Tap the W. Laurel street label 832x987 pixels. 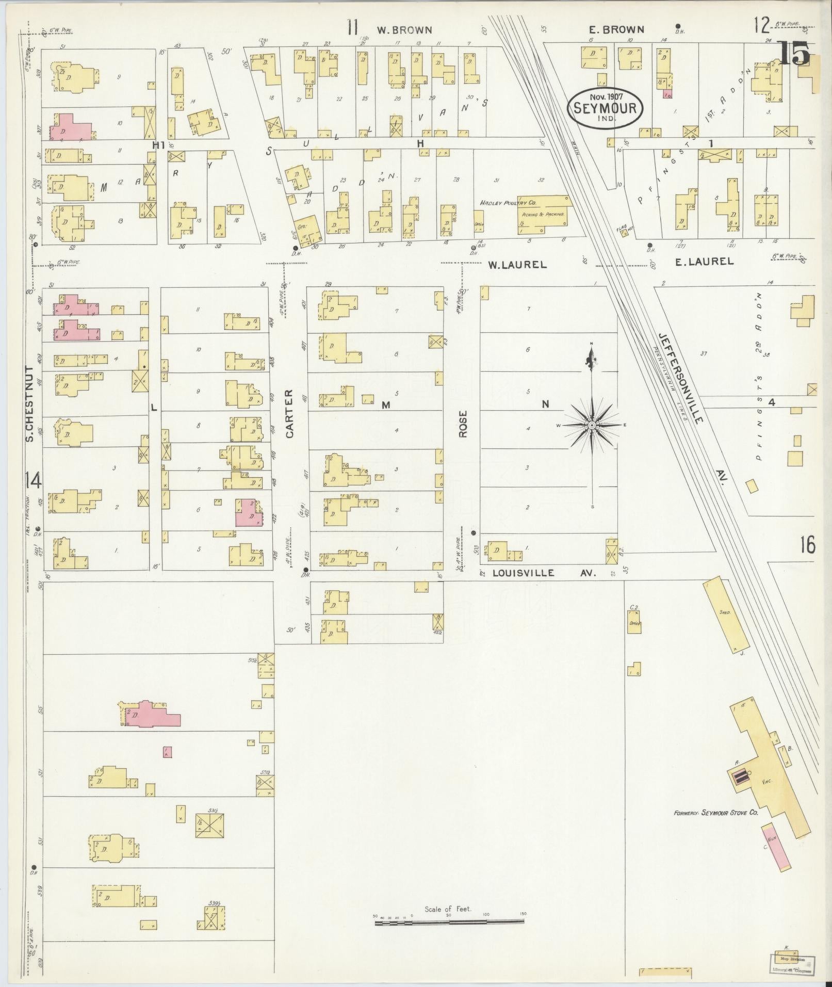pyautogui.click(x=517, y=265)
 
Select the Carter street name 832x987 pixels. pyautogui.click(x=289, y=413)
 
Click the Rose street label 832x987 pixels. pyautogui.click(x=463, y=424)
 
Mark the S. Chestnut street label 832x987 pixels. pyautogui.click(x=29, y=404)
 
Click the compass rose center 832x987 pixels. pyautogui.click(x=592, y=425)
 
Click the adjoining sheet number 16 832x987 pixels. pyautogui.click(x=808, y=545)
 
